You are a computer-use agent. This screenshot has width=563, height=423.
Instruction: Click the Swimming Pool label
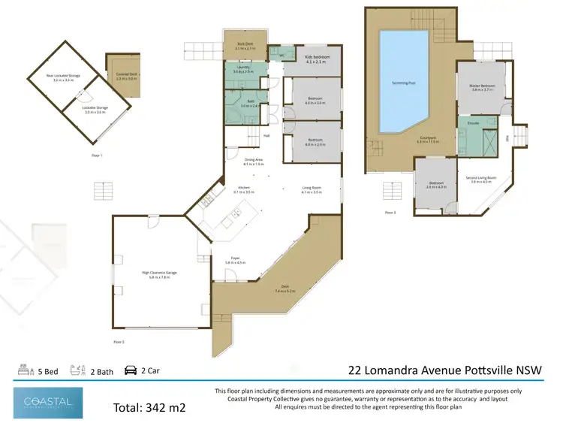[x=402, y=83]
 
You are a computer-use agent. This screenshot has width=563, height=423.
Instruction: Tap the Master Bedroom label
[x=483, y=86]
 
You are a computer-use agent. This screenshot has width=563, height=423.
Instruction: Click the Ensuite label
[x=474, y=121]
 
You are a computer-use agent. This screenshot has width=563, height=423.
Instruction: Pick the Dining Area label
[x=253, y=160]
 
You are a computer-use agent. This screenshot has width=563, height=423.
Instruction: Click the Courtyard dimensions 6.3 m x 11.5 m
[x=427, y=142]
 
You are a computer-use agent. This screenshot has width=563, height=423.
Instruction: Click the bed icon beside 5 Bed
[x=23, y=370]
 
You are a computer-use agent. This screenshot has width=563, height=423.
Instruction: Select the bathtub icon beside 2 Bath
[x=76, y=370]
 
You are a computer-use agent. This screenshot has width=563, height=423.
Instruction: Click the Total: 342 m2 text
[x=149, y=408]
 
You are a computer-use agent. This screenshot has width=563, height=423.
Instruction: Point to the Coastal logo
[x=48, y=403]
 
